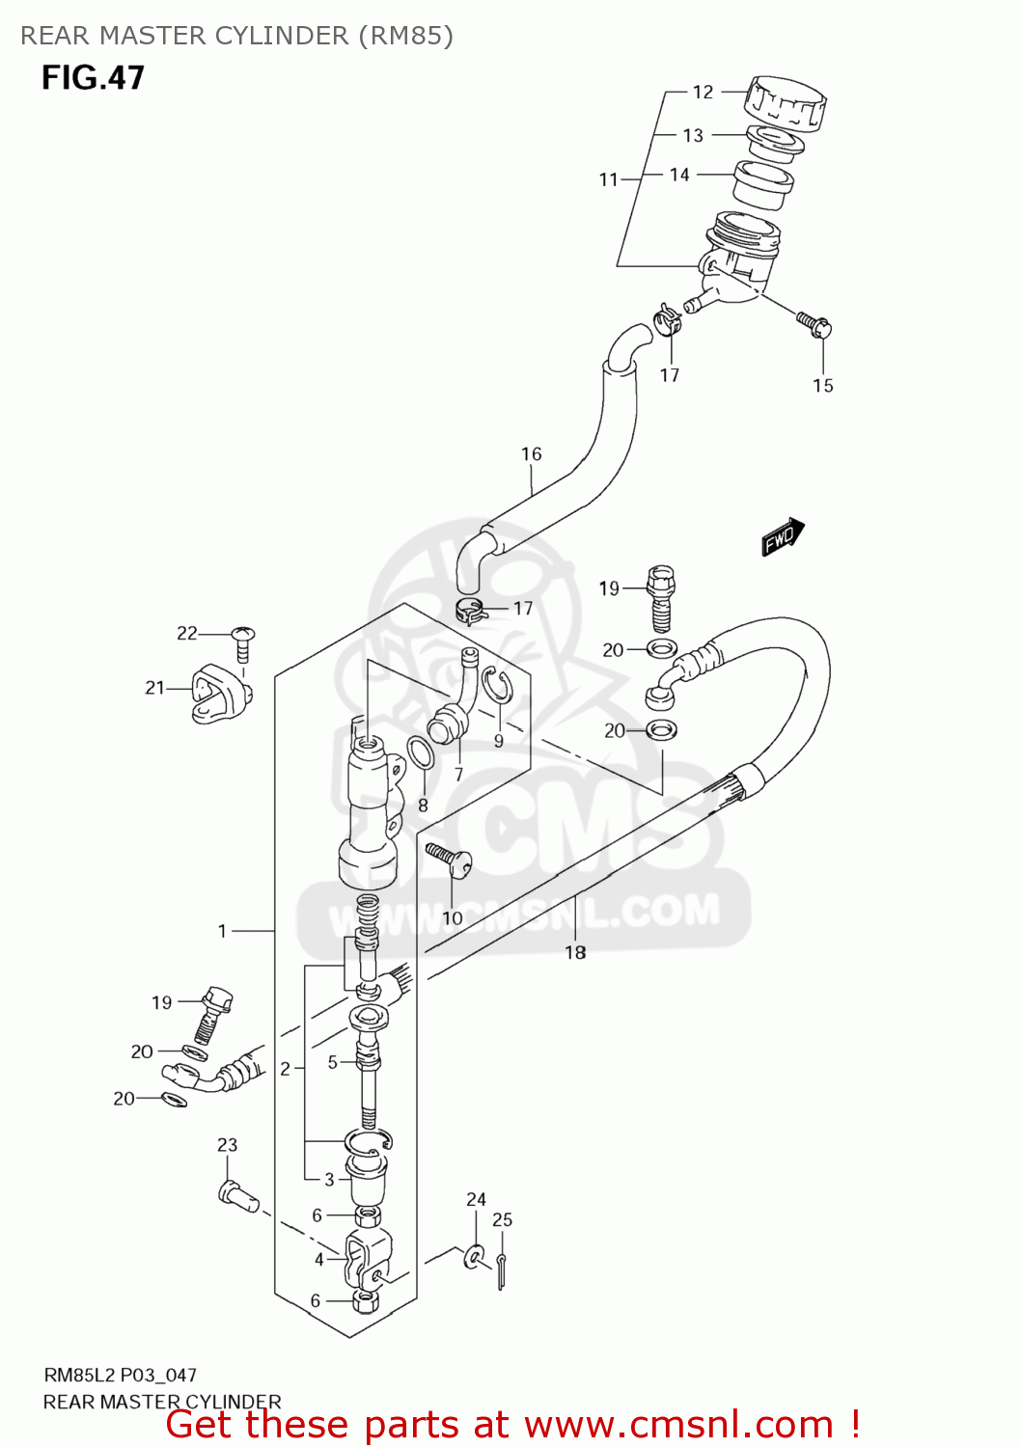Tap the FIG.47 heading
(93, 77)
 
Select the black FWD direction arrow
(782, 536)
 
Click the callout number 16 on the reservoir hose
(531, 453)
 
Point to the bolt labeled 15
(814, 324)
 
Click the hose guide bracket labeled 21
(220, 693)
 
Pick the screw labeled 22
(243, 641)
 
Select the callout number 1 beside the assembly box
(222, 931)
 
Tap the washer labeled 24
(475, 1256)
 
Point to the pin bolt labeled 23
(237, 1195)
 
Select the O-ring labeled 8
(420, 753)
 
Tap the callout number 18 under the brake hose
(575, 952)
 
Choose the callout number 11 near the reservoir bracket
(608, 179)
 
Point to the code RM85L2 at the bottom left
(79, 1375)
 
